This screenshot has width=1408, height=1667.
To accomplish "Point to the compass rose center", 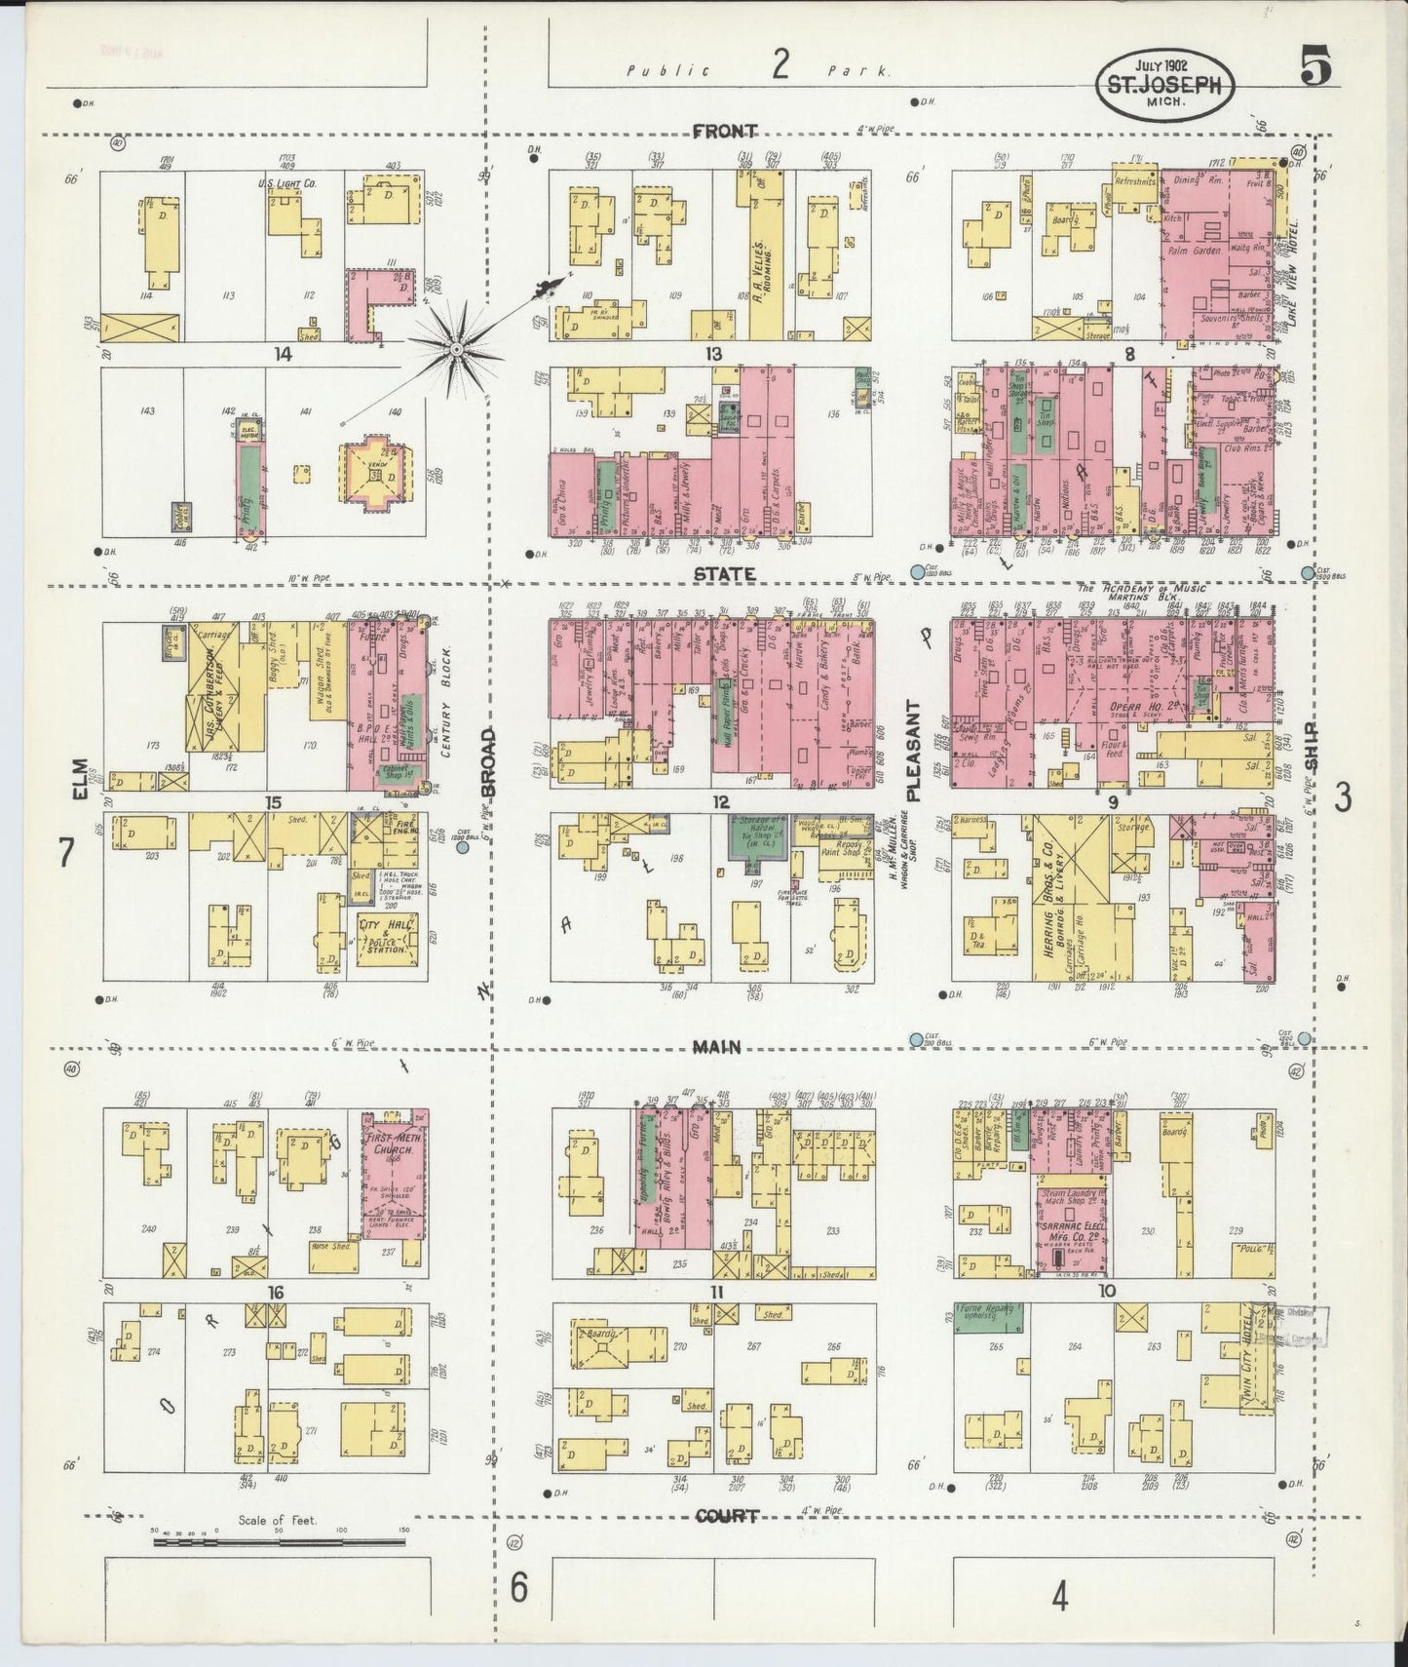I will (x=456, y=348).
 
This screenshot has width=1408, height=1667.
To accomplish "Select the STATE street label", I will (x=724, y=574).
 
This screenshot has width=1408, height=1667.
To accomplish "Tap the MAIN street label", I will (x=716, y=1047).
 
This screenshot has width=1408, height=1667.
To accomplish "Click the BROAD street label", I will (x=489, y=760).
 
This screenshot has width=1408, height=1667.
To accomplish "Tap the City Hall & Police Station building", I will (x=388, y=939).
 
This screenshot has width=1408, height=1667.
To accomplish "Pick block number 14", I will (x=283, y=356).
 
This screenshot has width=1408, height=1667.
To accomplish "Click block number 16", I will (x=276, y=1293).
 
